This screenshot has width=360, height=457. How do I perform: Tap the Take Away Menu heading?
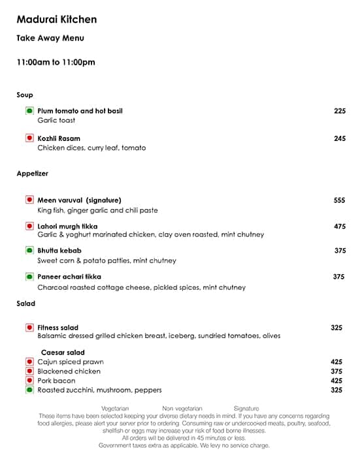click(50, 39)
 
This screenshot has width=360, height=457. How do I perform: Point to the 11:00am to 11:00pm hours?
click(56, 63)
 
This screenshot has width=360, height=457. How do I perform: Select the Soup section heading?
click(25, 95)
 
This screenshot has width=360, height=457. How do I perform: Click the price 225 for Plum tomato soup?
click(339, 111)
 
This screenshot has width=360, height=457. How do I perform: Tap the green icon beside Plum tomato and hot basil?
click(29, 111)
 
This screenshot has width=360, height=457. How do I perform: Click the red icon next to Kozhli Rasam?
click(29, 138)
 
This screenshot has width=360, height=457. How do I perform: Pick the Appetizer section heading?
click(33, 174)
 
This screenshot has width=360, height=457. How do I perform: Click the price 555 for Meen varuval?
click(339, 200)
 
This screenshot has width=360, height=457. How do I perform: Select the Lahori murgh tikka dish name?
click(67, 226)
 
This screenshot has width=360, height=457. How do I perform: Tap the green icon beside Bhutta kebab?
click(29, 251)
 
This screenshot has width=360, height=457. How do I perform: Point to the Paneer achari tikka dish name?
click(69, 277)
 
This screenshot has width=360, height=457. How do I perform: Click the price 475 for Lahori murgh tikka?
click(339, 226)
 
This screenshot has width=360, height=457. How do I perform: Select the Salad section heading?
click(26, 304)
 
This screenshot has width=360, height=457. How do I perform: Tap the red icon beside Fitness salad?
click(29, 328)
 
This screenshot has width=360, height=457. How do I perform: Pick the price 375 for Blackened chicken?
click(336, 371)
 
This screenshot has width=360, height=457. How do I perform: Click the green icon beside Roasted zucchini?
click(29, 390)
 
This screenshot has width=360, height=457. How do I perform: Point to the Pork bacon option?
click(56, 381)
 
